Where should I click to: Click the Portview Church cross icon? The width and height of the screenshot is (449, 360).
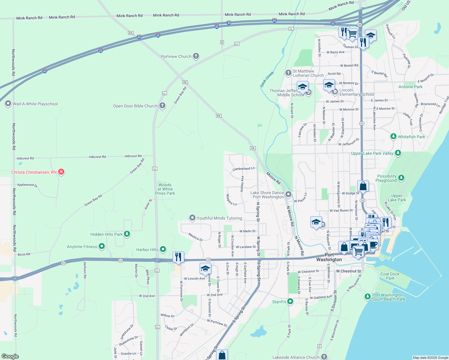[x=196, y=56]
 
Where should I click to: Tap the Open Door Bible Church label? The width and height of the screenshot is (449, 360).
[x=135, y=106]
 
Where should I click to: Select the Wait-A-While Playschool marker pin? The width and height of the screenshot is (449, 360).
[x=8, y=104]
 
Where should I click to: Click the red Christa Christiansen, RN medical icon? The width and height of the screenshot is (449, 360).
[x=61, y=172]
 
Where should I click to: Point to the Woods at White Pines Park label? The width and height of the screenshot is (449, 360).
[x=165, y=189]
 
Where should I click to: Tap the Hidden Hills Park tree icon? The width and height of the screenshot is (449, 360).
[x=127, y=234]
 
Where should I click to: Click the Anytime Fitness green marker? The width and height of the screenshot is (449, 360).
[x=102, y=247]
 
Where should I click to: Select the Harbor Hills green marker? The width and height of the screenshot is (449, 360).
[x=163, y=249]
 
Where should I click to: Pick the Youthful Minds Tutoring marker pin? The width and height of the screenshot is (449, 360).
[x=192, y=218]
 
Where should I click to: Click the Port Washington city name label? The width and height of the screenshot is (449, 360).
[x=329, y=257]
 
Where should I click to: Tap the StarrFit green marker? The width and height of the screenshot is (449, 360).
[x=290, y=301]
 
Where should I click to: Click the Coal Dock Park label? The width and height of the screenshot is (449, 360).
[x=390, y=276]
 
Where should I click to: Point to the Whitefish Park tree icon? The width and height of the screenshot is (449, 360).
[x=393, y=136]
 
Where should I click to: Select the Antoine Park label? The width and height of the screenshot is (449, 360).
[x=410, y=87]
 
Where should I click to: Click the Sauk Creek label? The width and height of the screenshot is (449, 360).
[x=267, y=79]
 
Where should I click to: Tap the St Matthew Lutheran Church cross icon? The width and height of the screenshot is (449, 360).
[x=288, y=73]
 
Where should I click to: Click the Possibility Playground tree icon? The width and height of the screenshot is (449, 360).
[x=401, y=178]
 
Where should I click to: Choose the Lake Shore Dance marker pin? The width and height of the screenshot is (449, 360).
[x=288, y=194]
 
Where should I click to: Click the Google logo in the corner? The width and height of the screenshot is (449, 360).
[x=10, y=356]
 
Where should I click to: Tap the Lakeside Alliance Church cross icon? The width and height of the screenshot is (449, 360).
[x=324, y=357]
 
